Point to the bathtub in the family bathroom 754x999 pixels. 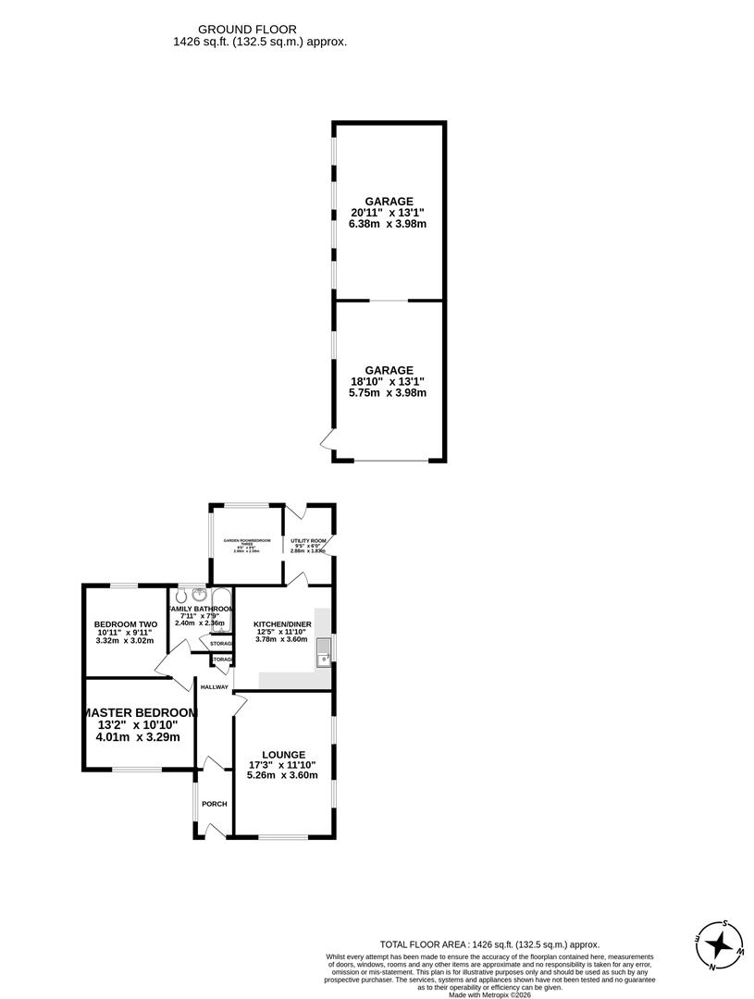[222, 611]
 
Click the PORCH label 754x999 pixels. [215, 804]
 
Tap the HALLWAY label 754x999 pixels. [214, 686]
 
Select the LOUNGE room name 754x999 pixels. [282, 754]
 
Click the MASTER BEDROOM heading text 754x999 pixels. [140, 712]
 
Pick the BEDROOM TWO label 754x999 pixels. [126, 624]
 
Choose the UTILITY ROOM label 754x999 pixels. [308, 540]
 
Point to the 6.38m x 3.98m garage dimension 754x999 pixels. [388, 224]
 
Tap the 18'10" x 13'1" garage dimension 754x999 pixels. [388, 381]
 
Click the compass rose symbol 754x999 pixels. [718, 946]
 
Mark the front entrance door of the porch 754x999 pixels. [215, 832]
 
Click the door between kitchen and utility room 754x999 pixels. [296, 578]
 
